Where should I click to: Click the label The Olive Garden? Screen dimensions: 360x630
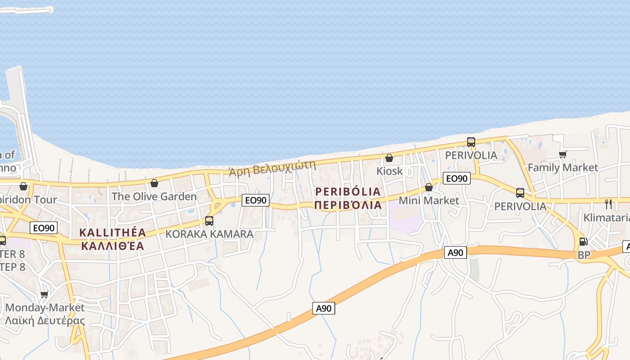[x=154, y=197]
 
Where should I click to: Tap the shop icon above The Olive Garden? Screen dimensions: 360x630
[x=154, y=183]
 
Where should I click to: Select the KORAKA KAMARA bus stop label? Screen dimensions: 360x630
[x=209, y=234]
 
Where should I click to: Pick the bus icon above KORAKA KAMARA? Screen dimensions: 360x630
[x=209, y=221]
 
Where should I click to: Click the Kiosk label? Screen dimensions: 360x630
[x=389, y=171]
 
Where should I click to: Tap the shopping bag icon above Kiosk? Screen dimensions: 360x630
[x=389, y=158]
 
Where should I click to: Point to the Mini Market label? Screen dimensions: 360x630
[x=429, y=200]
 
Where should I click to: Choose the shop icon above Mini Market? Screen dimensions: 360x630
[x=429, y=187]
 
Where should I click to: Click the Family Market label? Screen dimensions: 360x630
[x=562, y=167]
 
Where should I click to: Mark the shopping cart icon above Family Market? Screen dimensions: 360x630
[x=562, y=154]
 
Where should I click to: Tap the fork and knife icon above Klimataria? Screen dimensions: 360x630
[x=608, y=204]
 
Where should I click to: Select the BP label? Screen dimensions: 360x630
[x=584, y=255]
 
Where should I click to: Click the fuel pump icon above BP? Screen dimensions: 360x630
[x=583, y=242]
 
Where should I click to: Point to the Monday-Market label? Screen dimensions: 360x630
[x=45, y=308]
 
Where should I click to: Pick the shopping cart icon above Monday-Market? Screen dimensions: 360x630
[x=44, y=295]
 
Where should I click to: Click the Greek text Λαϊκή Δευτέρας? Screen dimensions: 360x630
[x=45, y=321]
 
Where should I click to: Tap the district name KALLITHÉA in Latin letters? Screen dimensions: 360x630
[x=112, y=233]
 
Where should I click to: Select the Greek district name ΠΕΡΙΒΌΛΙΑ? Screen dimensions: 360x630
[x=348, y=205]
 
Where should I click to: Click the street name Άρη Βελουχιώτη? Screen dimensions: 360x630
[x=272, y=168]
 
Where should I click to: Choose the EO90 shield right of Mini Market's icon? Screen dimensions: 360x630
[x=456, y=179]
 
